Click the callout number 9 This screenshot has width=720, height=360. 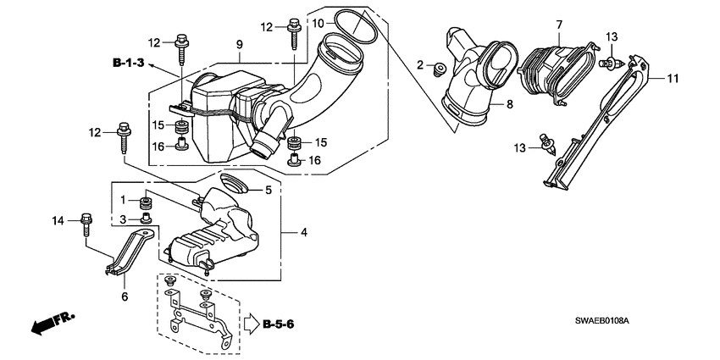click(240, 44)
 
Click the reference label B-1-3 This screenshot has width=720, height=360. click(128, 63)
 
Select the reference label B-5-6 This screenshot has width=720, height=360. click(279, 323)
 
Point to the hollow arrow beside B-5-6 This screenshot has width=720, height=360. click(250, 323)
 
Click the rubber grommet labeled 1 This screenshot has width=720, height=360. click(146, 203)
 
